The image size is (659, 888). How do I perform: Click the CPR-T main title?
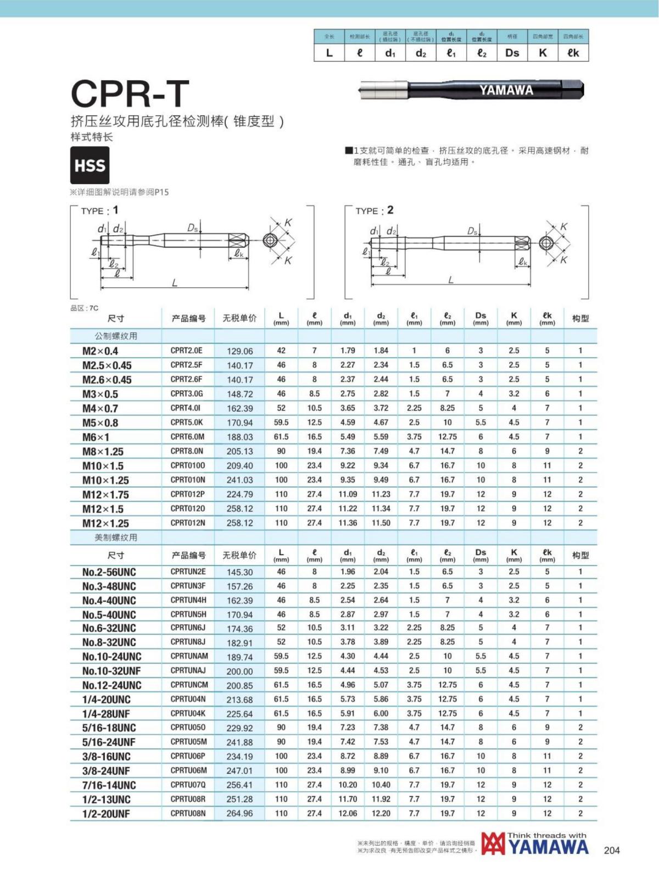[x=130, y=93]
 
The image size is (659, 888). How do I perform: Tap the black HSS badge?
[x=90, y=165]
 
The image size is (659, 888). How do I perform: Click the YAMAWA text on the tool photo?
[x=506, y=90]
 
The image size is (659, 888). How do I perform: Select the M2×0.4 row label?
[x=100, y=351]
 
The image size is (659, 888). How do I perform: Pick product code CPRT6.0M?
[x=187, y=437]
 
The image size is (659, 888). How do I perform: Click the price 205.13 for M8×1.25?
[x=239, y=451]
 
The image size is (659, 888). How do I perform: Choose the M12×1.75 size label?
[x=105, y=495]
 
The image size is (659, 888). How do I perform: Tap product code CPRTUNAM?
[x=189, y=656]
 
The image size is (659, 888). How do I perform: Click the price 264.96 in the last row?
[x=239, y=813]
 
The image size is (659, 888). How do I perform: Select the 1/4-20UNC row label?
[x=107, y=700]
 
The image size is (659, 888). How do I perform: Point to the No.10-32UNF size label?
[x=111, y=671]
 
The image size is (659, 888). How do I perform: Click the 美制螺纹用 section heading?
[x=116, y=537]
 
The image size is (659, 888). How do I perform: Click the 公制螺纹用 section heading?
[x=116, y=336]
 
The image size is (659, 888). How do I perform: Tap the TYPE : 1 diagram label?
[x=99, y=210]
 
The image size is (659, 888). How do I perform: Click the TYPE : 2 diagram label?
[x=374, y=210]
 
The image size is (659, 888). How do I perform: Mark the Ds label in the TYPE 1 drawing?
[x=192, y=227]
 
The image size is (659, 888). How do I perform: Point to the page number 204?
[x=611, y=850]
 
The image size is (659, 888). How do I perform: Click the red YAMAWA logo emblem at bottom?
[x=493, y=844]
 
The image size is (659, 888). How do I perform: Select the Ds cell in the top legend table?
[x=512, y=53]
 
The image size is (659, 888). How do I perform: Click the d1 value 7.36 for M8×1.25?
[x=348, y=451]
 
